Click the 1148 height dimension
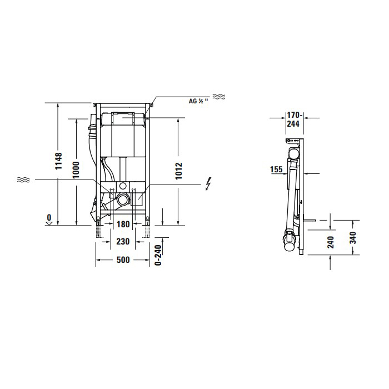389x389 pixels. (58, 161)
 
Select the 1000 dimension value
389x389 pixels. (76, 170)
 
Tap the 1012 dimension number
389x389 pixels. (178, 171)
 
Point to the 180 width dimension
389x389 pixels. (123, 225)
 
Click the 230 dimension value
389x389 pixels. (123, 241)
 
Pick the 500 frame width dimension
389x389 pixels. (123, 260)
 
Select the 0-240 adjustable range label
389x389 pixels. (158, 255)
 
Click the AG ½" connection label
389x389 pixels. (198, 101)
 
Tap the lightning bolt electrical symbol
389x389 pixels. (208, 184)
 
